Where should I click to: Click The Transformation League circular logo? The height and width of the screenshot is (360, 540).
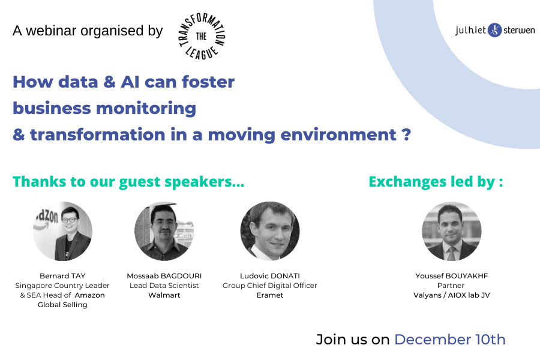click(202, 36)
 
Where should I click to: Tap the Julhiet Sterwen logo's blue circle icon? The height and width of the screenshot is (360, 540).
click(494, 31)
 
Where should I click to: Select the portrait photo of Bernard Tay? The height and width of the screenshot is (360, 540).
click(62, 231)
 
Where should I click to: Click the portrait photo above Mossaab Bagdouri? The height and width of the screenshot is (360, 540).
click(164, 231)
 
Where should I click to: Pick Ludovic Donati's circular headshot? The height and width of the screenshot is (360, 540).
click(270, 231)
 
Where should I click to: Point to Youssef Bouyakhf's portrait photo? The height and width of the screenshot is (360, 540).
click(451, 231)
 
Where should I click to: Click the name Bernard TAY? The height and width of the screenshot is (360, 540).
click(62, 276)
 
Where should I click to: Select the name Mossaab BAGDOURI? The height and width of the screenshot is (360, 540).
click(164, 276)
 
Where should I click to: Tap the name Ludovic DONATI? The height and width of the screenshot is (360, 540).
click(270, 276)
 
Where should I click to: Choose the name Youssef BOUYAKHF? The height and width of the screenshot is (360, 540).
click(451, 276)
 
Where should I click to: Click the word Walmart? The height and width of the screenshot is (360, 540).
click(164, 295)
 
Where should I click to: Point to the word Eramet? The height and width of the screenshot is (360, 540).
click(270, 295)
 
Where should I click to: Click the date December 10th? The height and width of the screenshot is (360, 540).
click(450, 340)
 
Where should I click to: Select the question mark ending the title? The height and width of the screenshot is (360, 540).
click(406, 134)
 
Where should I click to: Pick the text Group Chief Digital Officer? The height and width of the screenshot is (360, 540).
click(269, 286)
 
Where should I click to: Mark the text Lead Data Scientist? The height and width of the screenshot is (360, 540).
click(164, 286)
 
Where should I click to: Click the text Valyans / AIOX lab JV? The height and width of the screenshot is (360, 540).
click(451, 295)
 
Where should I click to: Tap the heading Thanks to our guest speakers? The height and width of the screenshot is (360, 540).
click(128, 182)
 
